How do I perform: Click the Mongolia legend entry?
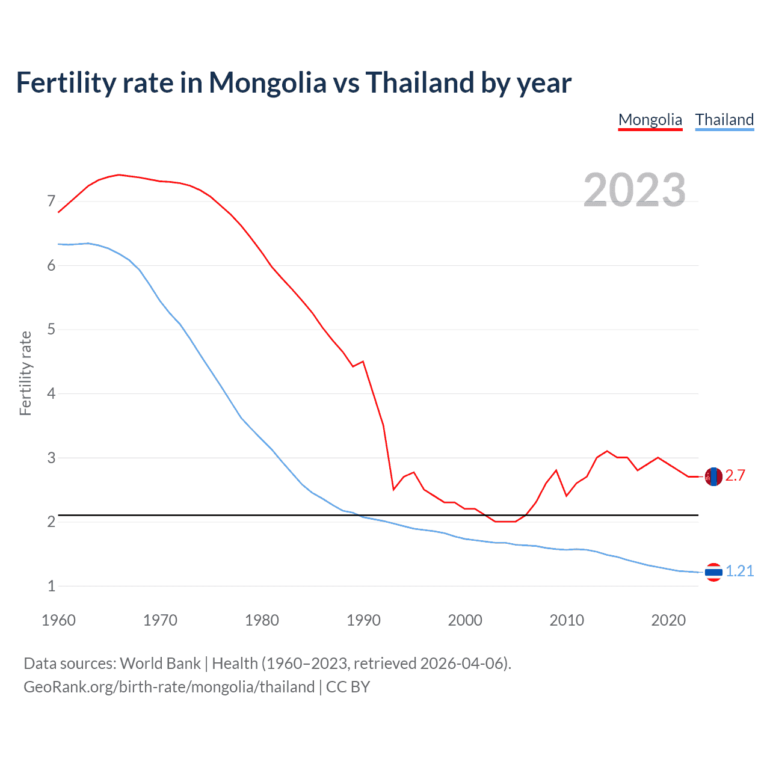tap(650, 120)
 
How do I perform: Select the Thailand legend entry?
tap(724, 120)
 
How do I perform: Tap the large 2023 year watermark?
tap(634, 190)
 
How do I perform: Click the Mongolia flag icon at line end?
tap(713, 476)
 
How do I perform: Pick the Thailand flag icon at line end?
tap(713, 572)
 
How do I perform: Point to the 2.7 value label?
tap(735, 476)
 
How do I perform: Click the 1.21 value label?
tap(739, 571)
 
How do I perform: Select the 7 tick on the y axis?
tap(51, 201)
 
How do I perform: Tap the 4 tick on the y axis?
tap(51, 393)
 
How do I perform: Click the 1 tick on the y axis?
tap(51, 586)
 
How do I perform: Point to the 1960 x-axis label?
tap(58, 620)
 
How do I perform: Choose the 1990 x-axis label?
tap(363, 620)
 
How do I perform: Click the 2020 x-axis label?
tap(668, 620)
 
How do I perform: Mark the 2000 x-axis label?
tap(465, 620)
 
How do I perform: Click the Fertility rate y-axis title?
tap(25, 373)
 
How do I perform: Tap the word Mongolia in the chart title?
tap(267, 83)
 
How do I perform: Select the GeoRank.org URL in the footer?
tap(169, 687)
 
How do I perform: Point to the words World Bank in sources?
tap(160, 664)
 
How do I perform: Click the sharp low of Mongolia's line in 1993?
tap(393, 490)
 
